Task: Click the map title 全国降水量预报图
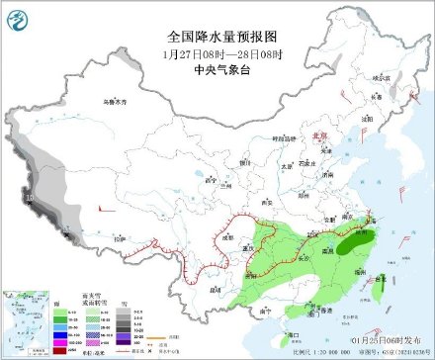coord(218,37)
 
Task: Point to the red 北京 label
coord(318,137)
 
